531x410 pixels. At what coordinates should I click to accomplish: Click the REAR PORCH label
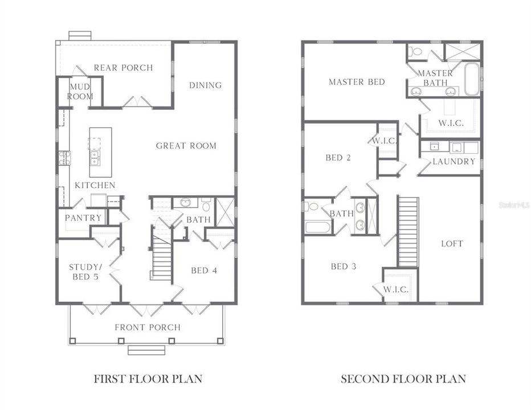click(x=123, y=68)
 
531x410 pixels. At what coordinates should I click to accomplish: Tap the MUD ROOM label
click(x=80, y=91)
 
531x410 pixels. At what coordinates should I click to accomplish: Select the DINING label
click(x=205, y=85)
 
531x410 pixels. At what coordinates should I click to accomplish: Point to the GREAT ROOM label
click(x=186, y=146)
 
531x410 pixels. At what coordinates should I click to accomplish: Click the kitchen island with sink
click(x=100, y=147)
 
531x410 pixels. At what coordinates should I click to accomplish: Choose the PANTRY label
click(x=83, y=218)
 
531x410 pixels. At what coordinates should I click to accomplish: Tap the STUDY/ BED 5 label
click(x=84, y=272)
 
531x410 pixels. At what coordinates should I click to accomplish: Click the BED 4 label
click(x=203, y=270)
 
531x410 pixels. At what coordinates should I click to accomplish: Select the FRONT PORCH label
click(x=148, y=327)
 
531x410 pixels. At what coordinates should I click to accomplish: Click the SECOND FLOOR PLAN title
click(x=403, y=379)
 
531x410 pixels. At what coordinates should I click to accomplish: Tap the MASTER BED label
click(x=357, y=82)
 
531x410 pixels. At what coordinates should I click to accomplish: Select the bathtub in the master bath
click(x=472, y=80)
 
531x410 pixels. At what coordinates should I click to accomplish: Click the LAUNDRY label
click(x=454, y=162)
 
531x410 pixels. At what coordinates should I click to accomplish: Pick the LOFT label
click(x=452, y=244)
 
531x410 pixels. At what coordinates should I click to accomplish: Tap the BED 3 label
click(x=344, y=266)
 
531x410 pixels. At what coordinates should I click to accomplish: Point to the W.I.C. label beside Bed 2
click(x=384, y=141)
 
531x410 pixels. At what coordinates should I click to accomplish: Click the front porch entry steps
click(x=146, y=350)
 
